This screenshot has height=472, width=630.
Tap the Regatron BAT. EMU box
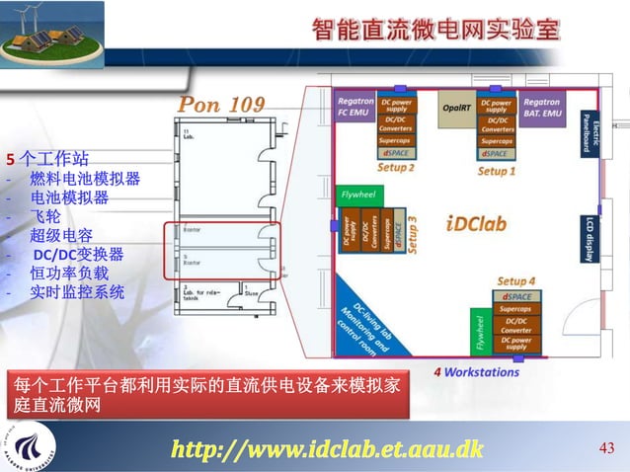[x=542, y=108]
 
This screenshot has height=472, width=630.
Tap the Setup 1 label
[x=497, y=171]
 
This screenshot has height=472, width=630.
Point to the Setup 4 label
[x=516, y=281]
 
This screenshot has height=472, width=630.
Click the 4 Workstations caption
[x=476, y=372]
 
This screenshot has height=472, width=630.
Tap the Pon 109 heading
[x=221, y=105]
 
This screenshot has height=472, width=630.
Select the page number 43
[x=607, y=450]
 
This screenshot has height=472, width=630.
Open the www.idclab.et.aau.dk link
[x=327, y=450]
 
